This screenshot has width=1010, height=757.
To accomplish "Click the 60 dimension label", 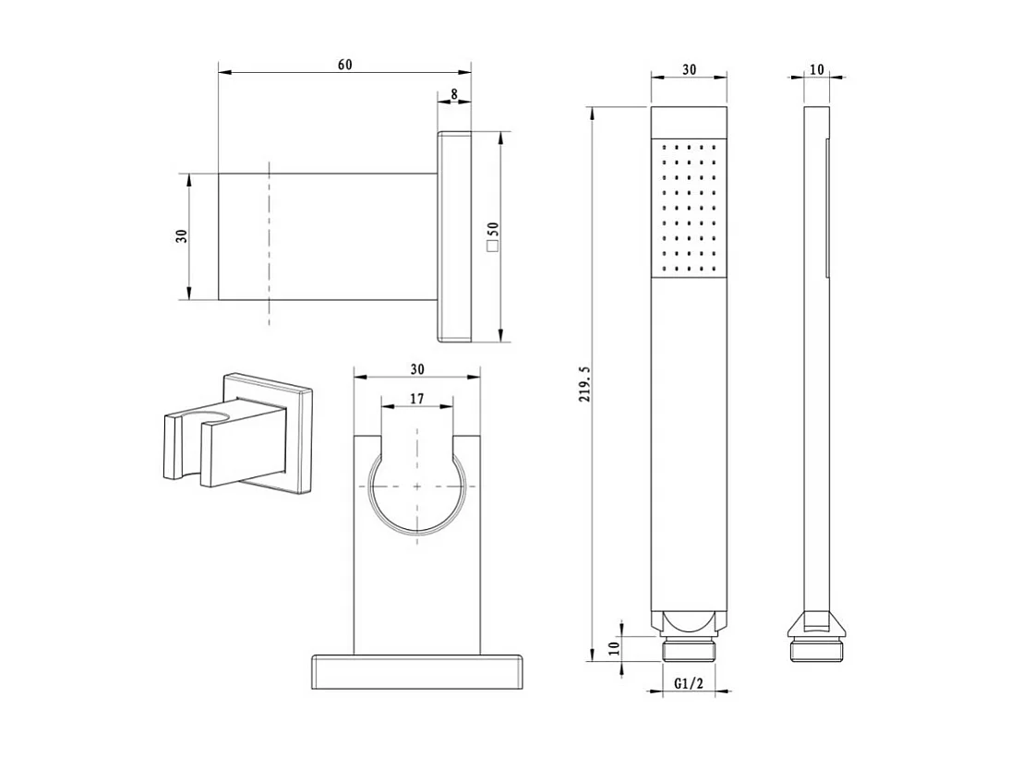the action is [344, 65].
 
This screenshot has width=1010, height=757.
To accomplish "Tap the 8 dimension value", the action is [454, 94].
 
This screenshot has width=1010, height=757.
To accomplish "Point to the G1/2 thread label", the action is [689, 683].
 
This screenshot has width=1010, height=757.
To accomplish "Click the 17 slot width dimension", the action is [416, 399].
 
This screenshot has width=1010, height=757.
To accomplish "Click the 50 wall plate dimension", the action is [493, 230].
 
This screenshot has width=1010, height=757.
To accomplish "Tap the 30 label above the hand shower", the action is [690, 69].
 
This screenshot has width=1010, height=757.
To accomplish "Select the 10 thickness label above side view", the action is [817, 69].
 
